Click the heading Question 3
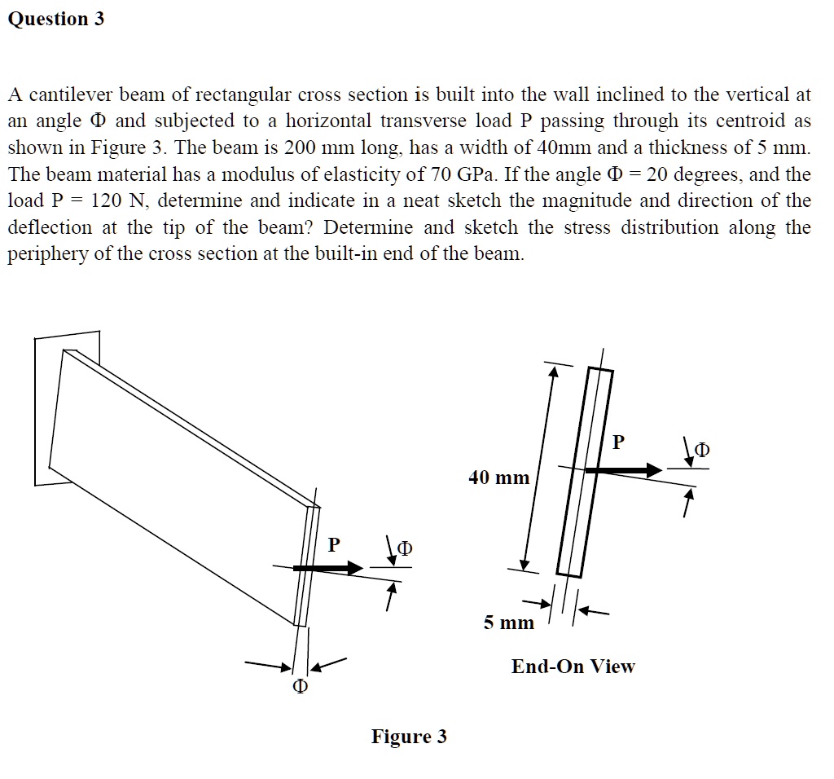(56, 20)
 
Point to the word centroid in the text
(760, 121)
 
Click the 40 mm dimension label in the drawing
(498, 478)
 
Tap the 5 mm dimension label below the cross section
(508, 623)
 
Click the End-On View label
(573, 667)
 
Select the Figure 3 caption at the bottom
(409, 737)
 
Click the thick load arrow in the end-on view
(623, 470)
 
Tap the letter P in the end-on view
(618, 442)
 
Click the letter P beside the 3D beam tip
(334, 544)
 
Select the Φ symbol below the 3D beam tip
(300, 688)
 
